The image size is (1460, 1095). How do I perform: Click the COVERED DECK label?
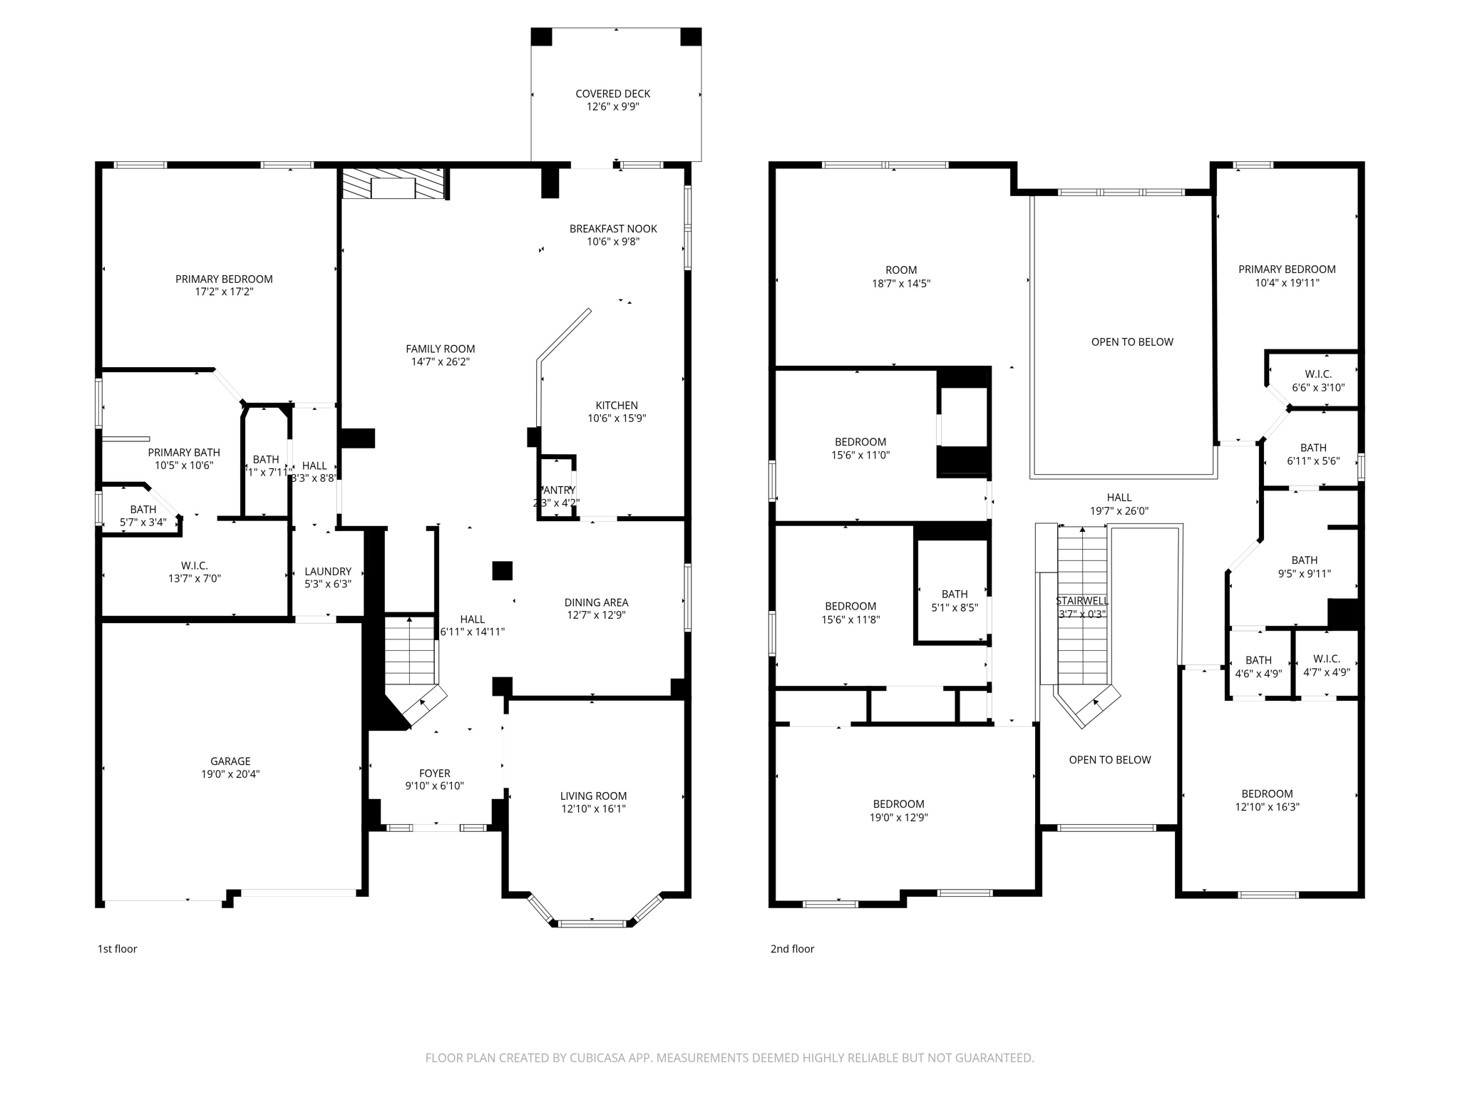(x=612, y=94)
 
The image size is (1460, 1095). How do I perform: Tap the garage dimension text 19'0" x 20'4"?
(x=230, y=774)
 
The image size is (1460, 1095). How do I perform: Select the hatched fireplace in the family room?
(x=393, y=184)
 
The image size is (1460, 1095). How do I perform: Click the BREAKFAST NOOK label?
(x=613, y=229)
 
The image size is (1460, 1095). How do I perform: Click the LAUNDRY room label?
(x=327, y=572)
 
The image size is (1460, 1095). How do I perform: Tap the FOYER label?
(x=434, y=773)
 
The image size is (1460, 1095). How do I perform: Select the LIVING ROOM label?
(x=593, y=796)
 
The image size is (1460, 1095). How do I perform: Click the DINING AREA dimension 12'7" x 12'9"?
(x=596, y=615)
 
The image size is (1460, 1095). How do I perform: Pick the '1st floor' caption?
(x=117, y=949)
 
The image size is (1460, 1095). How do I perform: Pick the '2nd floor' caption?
(x=792, y=949)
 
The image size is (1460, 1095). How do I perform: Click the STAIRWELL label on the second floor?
(x=1081, y=601)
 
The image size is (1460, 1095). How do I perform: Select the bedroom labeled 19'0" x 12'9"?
(x=898, y=811)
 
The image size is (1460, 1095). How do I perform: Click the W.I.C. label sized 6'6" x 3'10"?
(x=1318, y=381)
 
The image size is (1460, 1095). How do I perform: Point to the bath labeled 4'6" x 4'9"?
(x=1258, y=667)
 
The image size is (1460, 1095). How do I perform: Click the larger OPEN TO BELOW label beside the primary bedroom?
(x=1132, y=342)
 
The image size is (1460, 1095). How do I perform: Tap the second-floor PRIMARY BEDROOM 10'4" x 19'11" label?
(x=1287, y=276)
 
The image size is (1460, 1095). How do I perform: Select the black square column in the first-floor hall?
(x=502, y=571)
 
